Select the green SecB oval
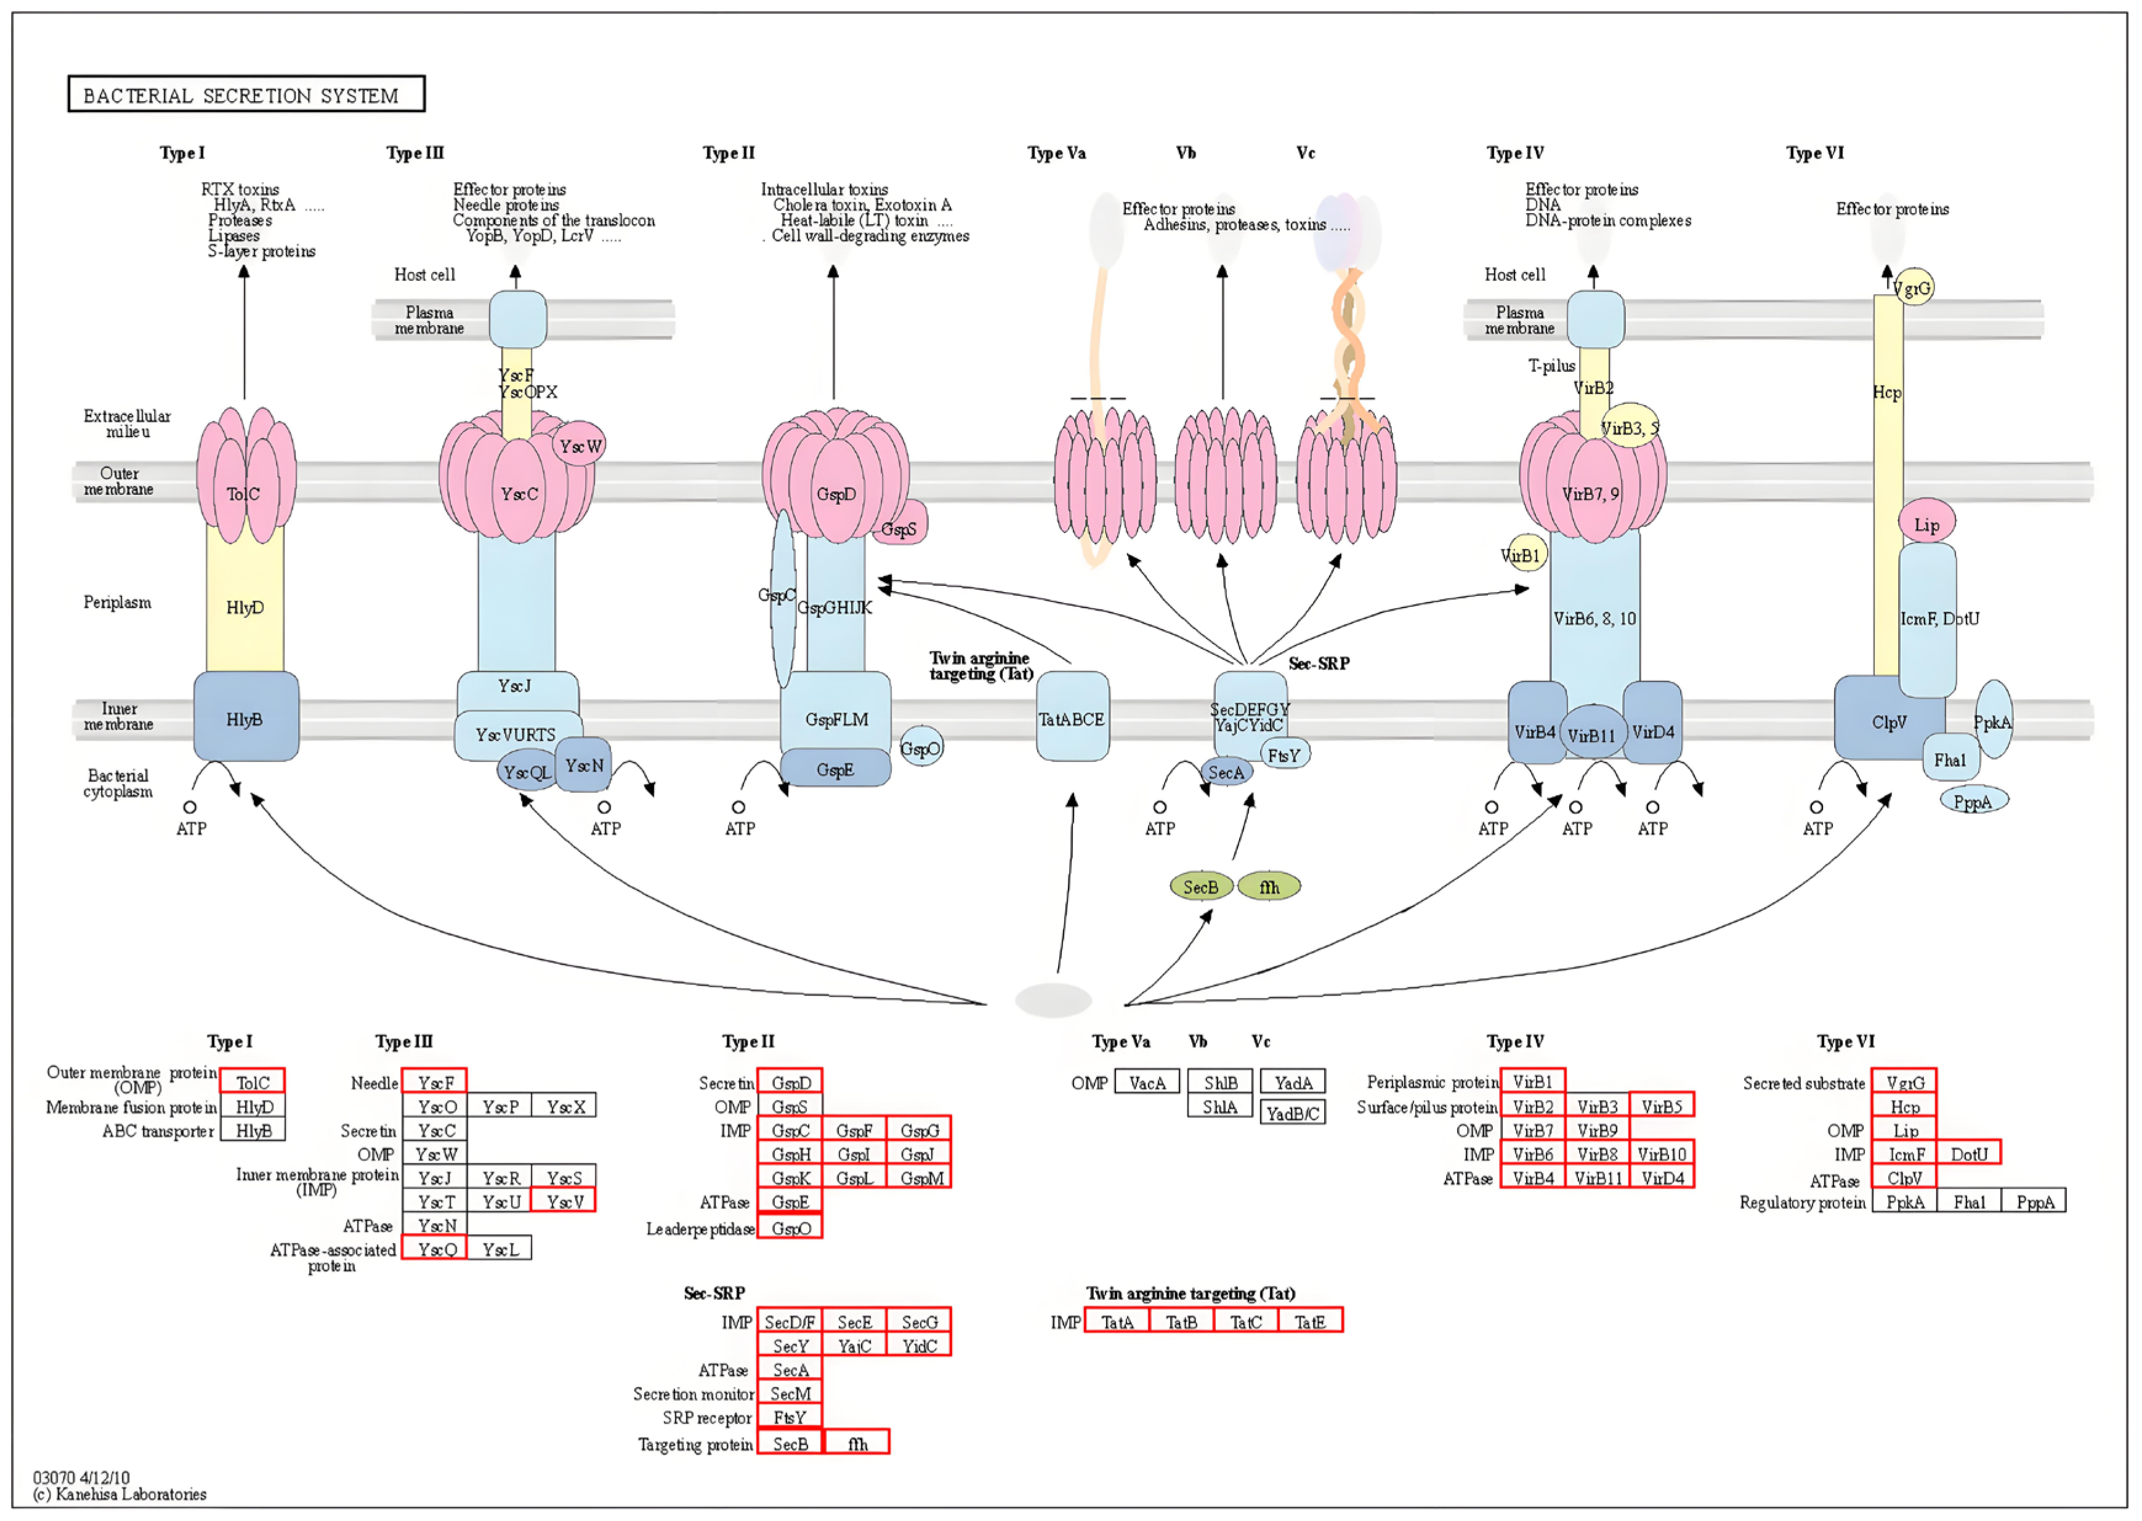(x=1200, y=886)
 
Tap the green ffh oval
(x=1270, y=886)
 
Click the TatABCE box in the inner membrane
(x=1072, y=718)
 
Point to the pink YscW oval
(x=579, y=446)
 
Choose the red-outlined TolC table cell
(x=252, y=1082)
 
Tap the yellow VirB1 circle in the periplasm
(x=1522, y=555)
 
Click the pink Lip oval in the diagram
(x=1926, y=524)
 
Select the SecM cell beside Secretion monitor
(x=790, y=1394)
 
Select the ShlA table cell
(x=1220, y=1107)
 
